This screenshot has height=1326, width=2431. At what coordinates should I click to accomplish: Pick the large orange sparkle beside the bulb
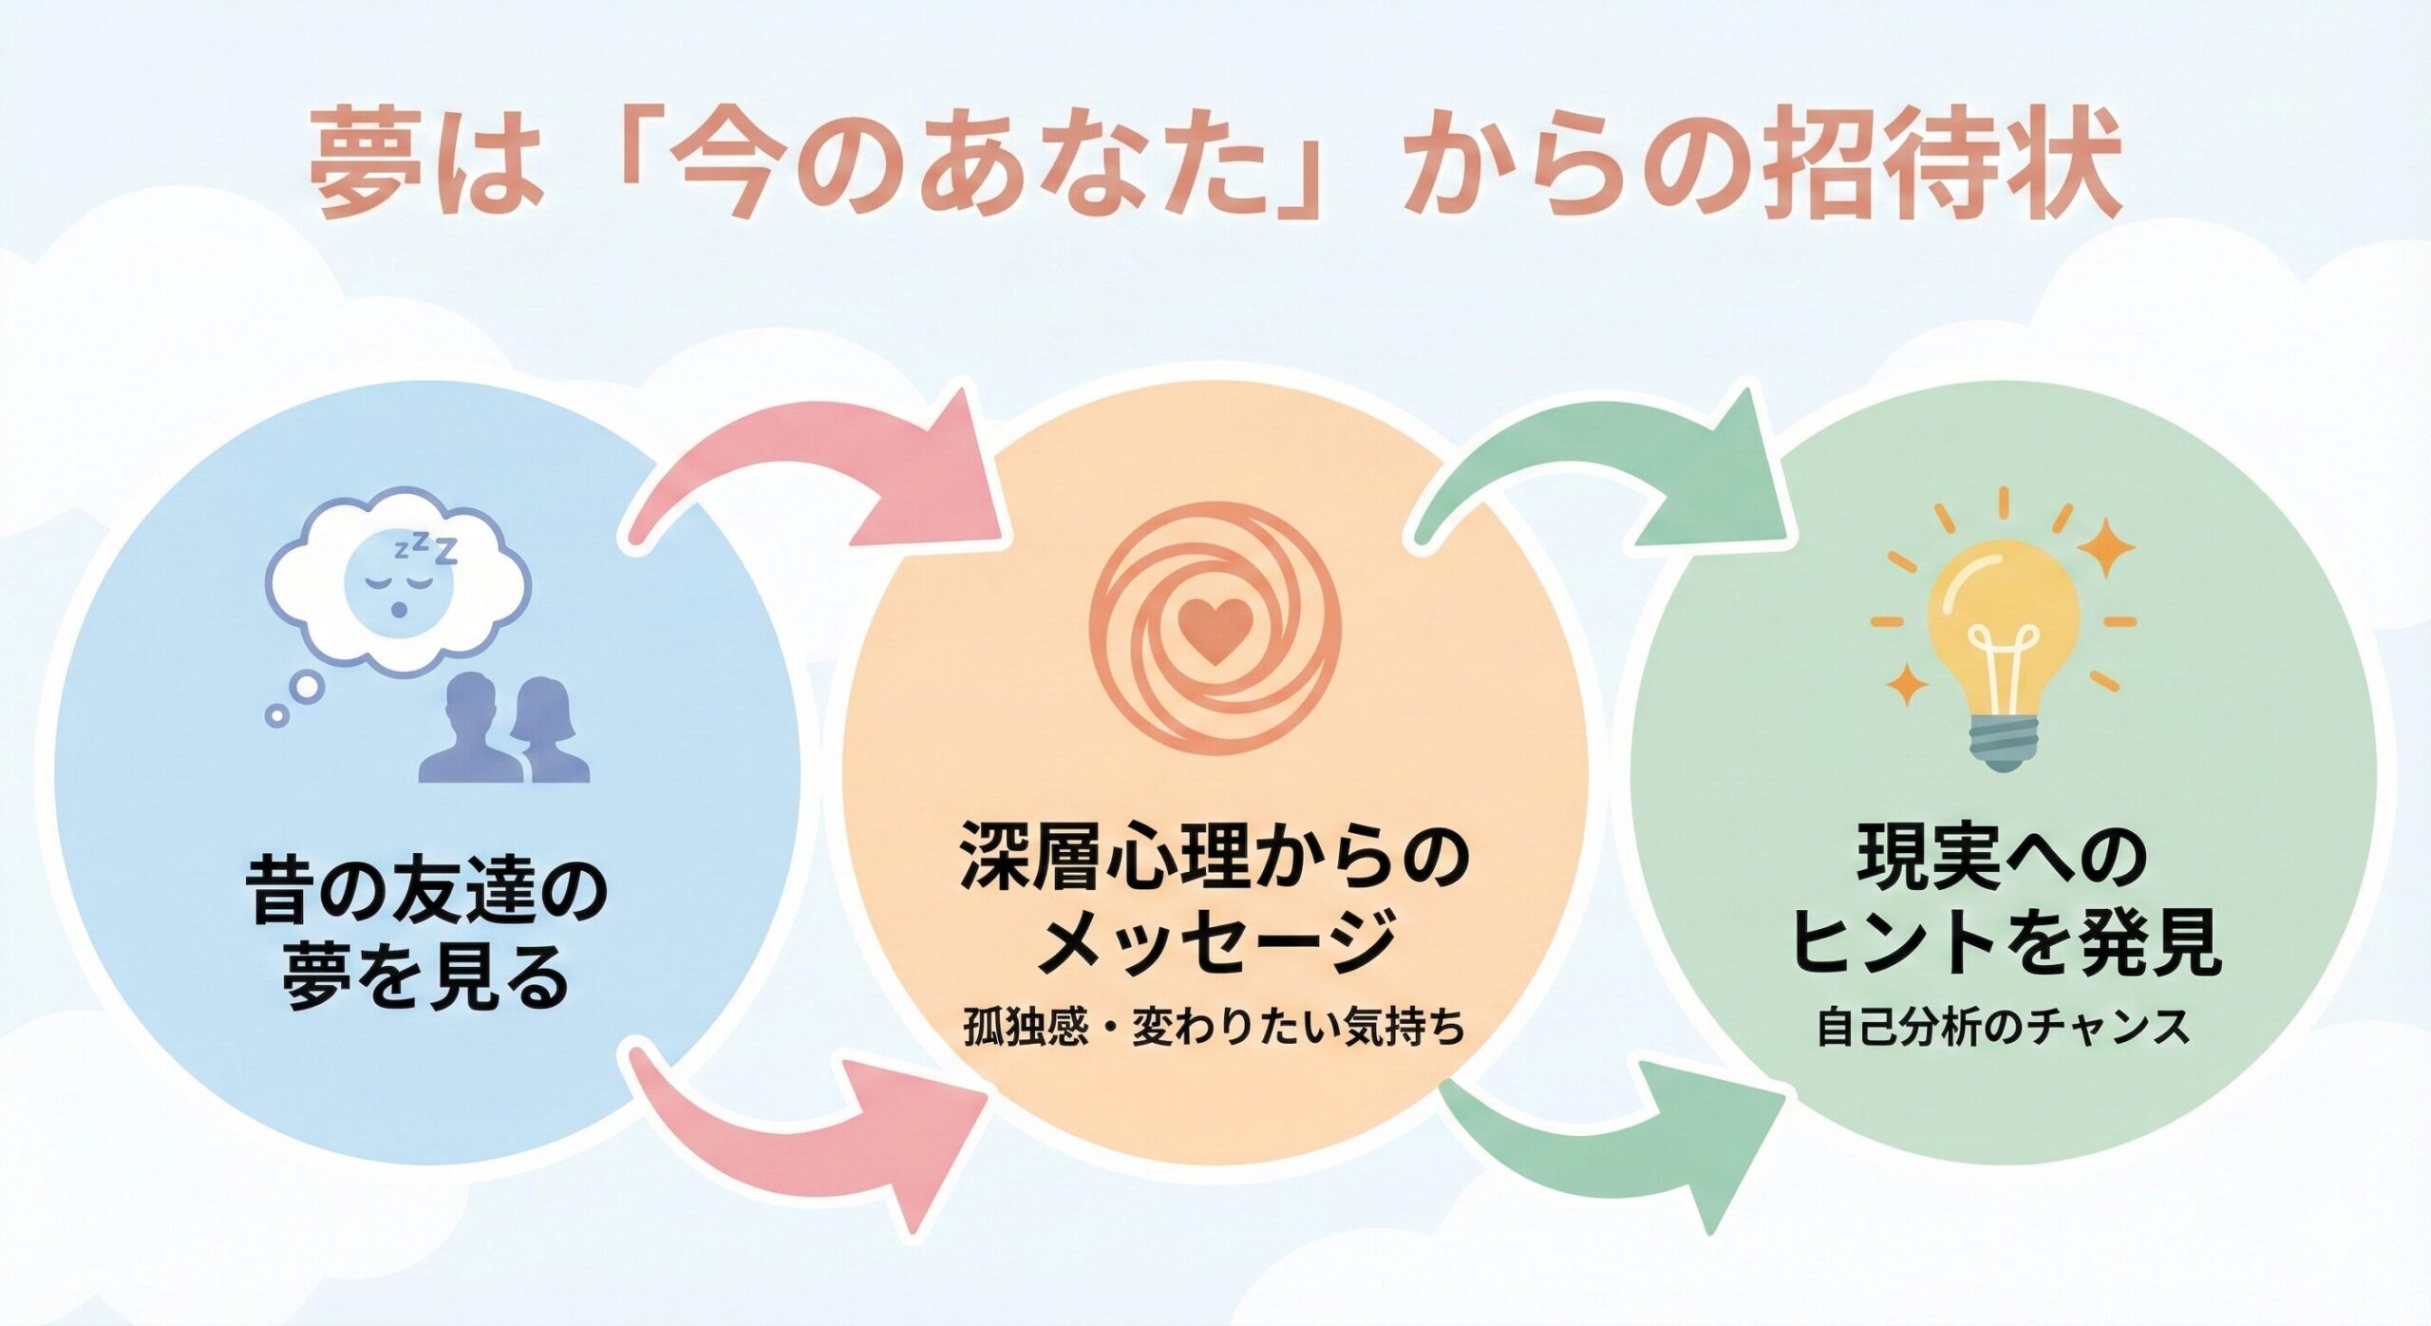point(2107,548)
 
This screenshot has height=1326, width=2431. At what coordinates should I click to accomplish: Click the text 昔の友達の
point(426,898)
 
